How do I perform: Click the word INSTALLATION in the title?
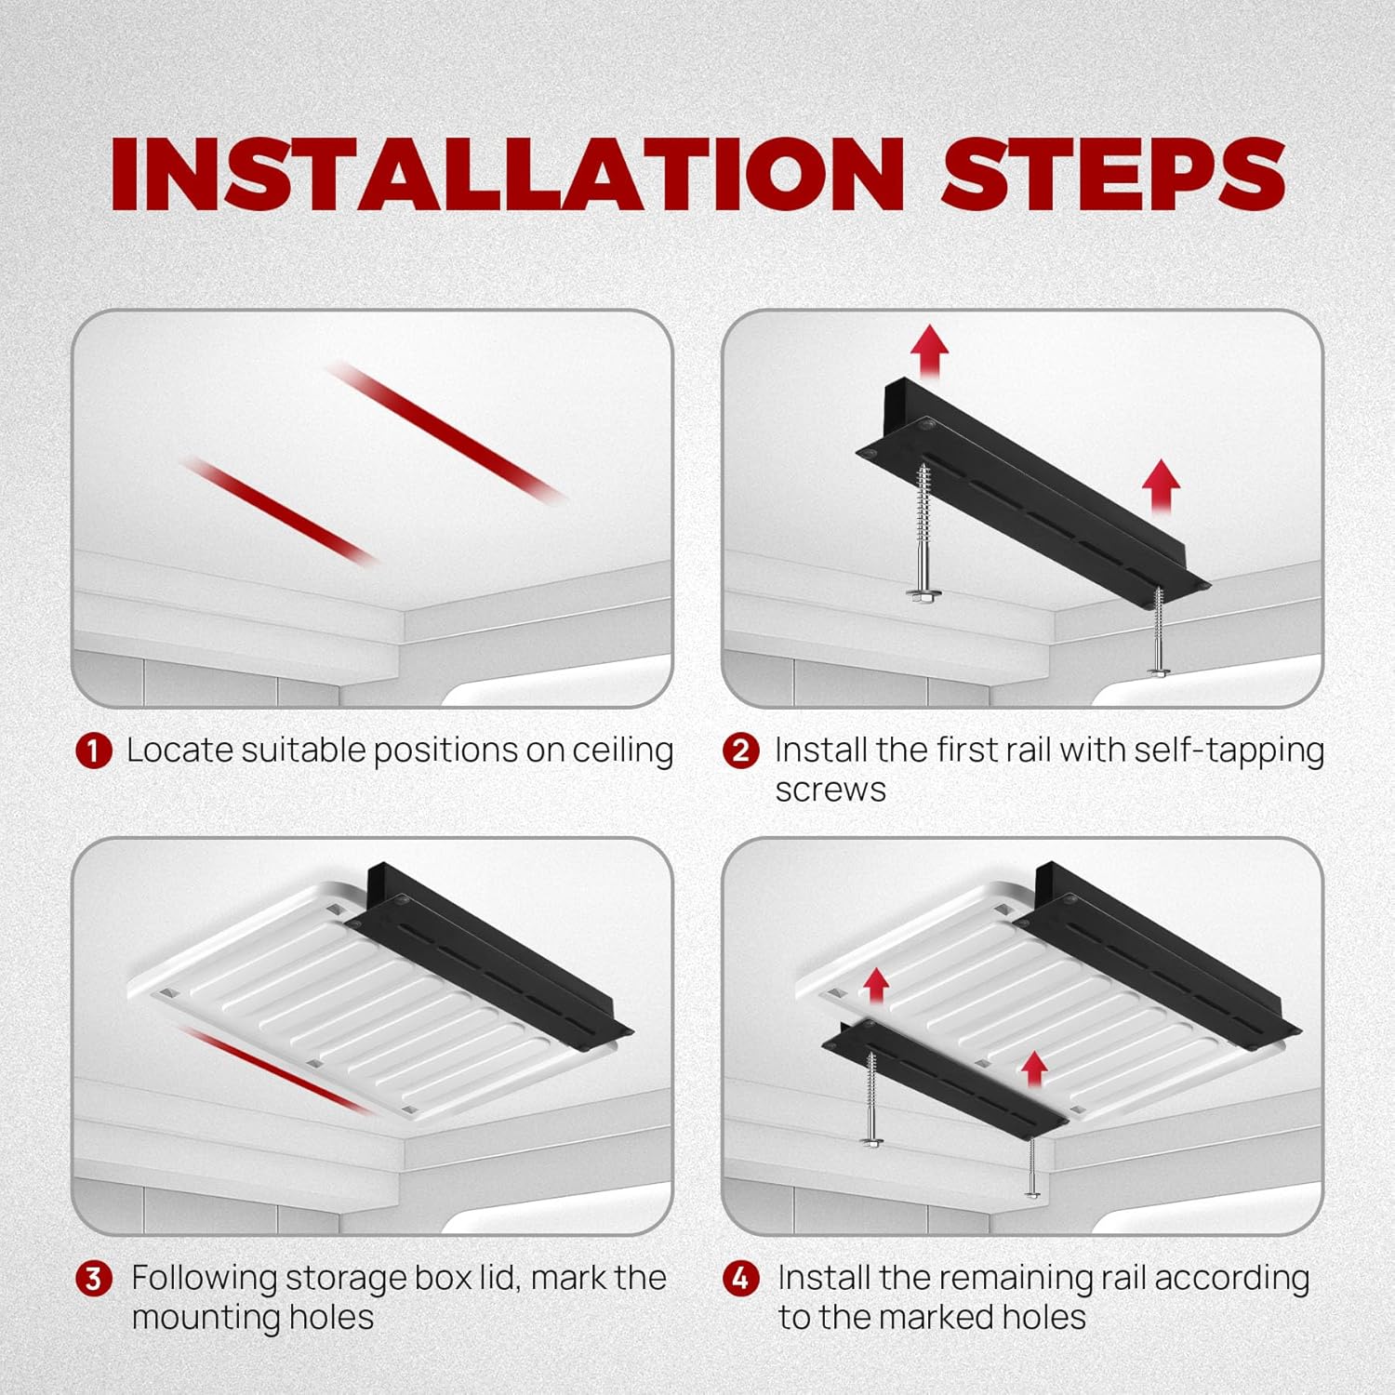pyautogui.click(x=507, y=174)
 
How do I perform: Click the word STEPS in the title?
pyautogui.click(x=1113, y=174)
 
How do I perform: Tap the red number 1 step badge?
pyautogui.click(x=94, y=751)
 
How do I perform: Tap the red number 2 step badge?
pyautogui.click(x=740, y=751)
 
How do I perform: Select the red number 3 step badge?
pyautogui.click(x=94, y=1279)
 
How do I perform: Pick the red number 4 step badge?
pyautogui.click(x=740, y=1279)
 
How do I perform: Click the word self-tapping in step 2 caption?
pyautogui.click(x=1229, y=751)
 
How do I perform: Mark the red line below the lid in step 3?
pyautogui.click(x=271, y=1069)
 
